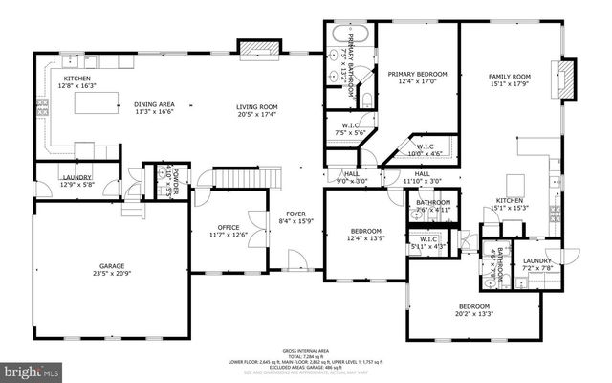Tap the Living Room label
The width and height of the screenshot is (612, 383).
tap(257, 106)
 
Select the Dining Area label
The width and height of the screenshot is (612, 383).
tap(153, 106)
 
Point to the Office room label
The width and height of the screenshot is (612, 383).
tap(228, 227)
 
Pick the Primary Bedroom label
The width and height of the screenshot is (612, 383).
tap(418, 74)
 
